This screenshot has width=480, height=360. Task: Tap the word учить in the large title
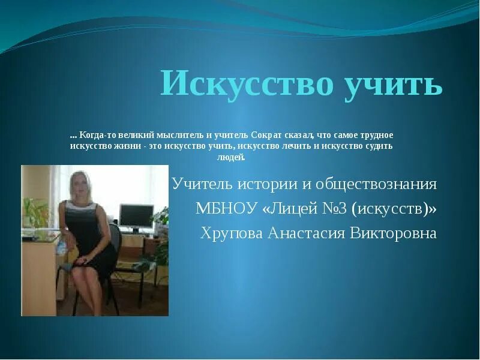[x=394, y=83]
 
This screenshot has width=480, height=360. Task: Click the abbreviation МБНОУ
[x=224, y=209]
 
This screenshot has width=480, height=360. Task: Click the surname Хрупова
[x=230, y=233]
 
